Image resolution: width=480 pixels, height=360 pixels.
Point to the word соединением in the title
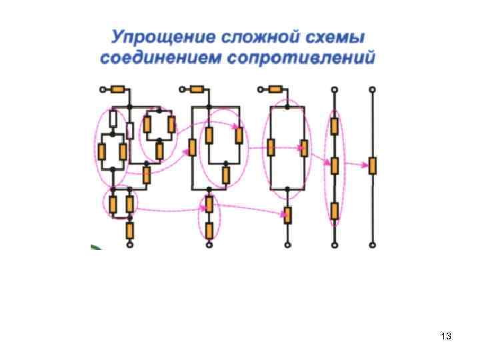click(159, 57)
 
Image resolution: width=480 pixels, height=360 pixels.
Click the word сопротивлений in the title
click(302, 57)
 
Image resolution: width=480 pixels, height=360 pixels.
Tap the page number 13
click(447, 337)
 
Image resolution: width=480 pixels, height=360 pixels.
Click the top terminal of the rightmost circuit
click(372, 89)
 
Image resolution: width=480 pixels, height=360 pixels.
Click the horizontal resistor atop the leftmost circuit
click(119, 89)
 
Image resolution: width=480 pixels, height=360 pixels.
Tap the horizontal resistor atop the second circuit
click(197, 89)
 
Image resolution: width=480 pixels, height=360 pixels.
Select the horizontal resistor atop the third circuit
click(275, 89)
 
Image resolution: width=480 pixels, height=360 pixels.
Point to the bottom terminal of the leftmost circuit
click(131, 245)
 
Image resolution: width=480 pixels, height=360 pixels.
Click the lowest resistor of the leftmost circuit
click(131, 231)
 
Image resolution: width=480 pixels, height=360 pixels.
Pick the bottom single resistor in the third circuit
click(287, 215)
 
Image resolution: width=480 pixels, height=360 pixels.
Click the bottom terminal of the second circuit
click(209, 245)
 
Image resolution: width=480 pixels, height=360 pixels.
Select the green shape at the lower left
click(95, 248)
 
